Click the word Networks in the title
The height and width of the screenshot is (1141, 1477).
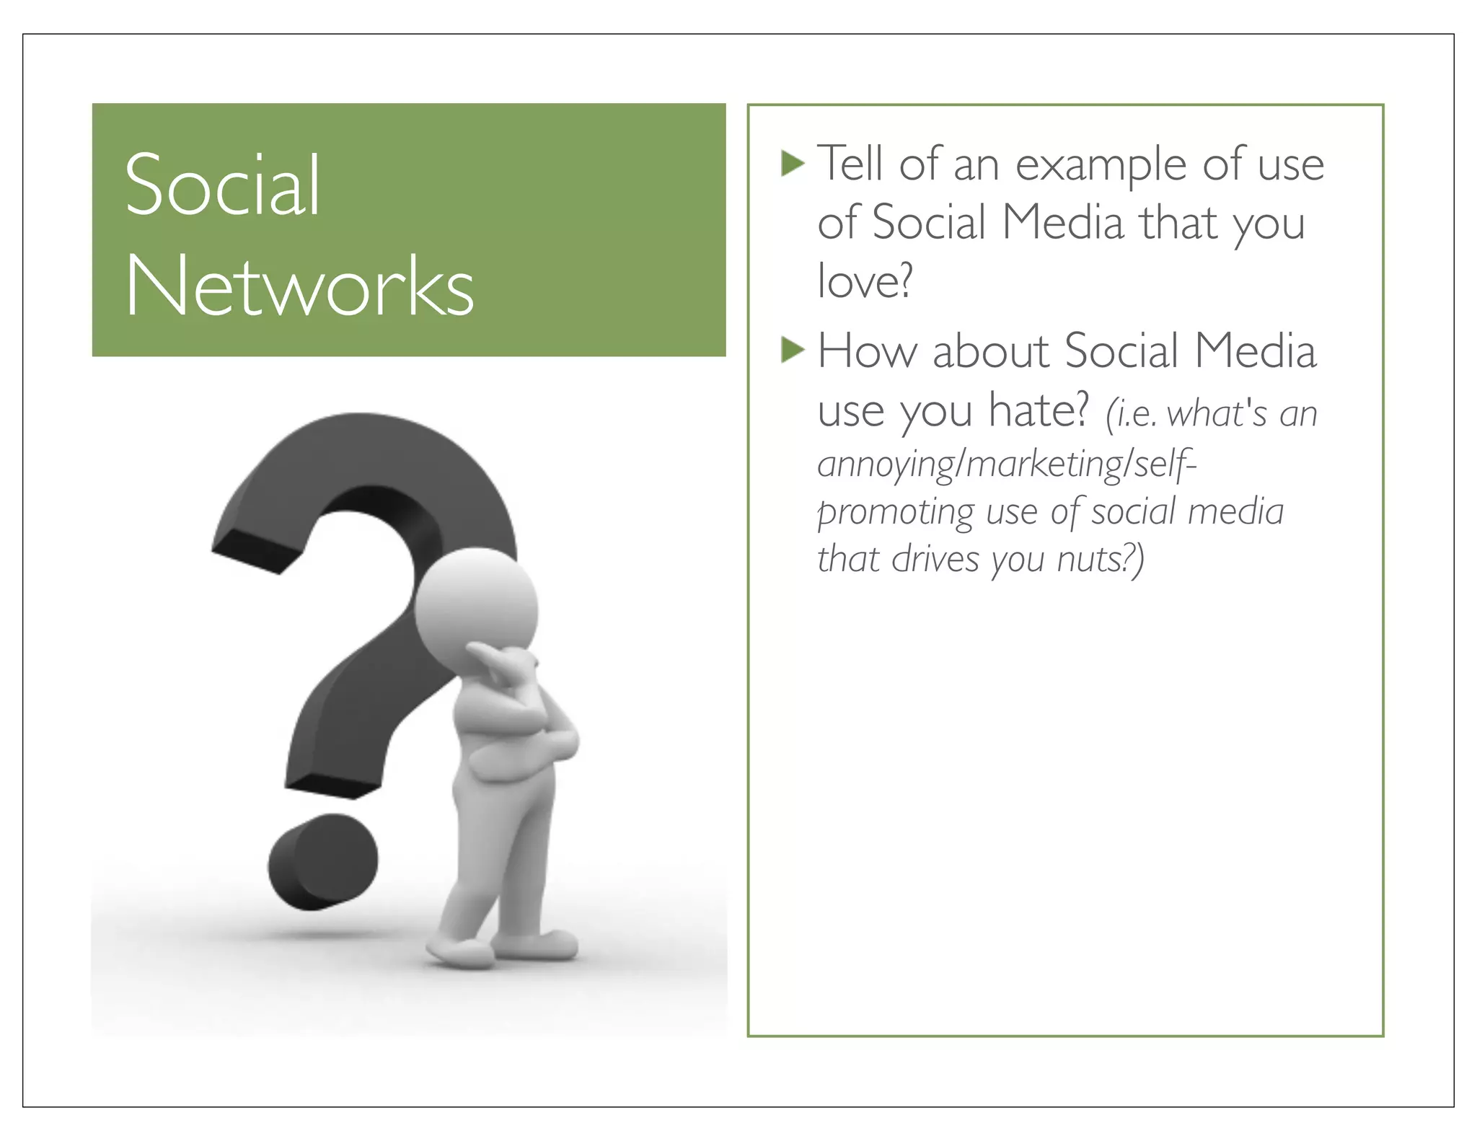(x=299, y=287)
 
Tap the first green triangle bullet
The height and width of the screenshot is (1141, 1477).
(x=792, y=164)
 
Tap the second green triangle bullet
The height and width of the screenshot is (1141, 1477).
(x=792, y=351)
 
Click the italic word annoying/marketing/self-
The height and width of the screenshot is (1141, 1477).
(x=1007, y=464)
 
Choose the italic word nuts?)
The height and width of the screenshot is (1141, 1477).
(x=1100, y=559)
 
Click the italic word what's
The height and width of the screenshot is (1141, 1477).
(x=1216, y=414)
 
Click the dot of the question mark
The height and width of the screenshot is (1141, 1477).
(x=322, y=861)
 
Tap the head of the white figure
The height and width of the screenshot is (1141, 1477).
(x=476, y=599)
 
